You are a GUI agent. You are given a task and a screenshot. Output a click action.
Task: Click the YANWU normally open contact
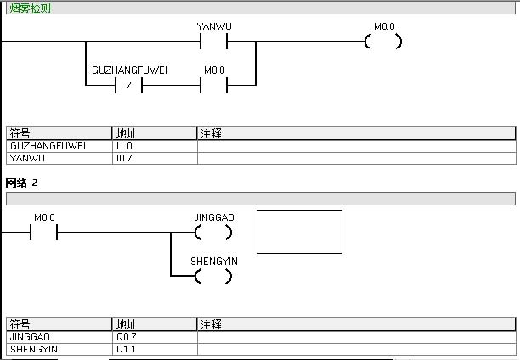[213, 42]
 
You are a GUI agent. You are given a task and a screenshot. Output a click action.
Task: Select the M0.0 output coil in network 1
[383, 42]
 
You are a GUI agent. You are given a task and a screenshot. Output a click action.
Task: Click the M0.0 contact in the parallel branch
[213, 86]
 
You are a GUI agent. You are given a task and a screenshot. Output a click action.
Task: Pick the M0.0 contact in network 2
[43, 233]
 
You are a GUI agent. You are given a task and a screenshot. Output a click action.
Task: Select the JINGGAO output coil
[213, 233]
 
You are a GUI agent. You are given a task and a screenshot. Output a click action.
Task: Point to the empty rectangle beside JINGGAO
[299, 232]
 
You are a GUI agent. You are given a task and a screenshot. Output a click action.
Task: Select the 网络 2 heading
[22, 183]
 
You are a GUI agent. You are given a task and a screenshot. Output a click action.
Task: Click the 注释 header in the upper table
[212, 133]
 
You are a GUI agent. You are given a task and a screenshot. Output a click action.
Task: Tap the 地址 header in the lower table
[127, 324]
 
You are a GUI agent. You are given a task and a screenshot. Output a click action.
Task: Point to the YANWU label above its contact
[214, 26]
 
